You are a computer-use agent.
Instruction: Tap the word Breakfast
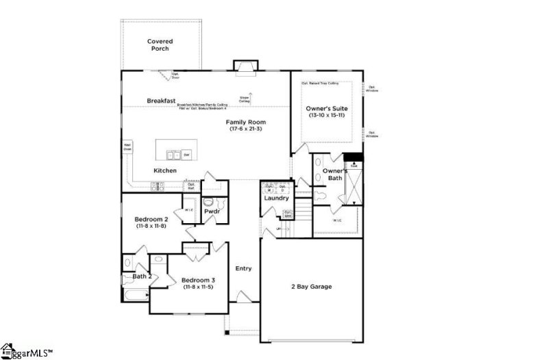pyautogui.click(x=161, y=101)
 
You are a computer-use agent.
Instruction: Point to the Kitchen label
pyautogui.click(x=165, y=170)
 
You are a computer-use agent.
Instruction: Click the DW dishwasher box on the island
pyautogui.click(x=186, y=155)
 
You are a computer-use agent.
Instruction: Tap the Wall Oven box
pyautogui.click(x=127, y=147)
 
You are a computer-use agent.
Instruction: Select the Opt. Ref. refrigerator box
pyautogui.click(x=192, y=185)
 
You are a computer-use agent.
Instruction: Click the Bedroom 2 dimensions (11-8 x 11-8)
pyautogui.click(x=151, y=226)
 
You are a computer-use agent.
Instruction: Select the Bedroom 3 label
pyautogui.click(x=199, y=280)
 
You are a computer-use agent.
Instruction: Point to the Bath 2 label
pyautogui.click(x=141, y=277)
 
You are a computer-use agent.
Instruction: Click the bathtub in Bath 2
pyautogui.click(x=136, y=296)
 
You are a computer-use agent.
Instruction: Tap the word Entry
pyautogui.click(x=244, y=268)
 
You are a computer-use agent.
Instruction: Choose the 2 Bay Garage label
pyautogui.click(x=312, y=286)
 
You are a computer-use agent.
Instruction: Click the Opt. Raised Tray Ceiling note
pyautogui.click(x=320, y=83)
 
